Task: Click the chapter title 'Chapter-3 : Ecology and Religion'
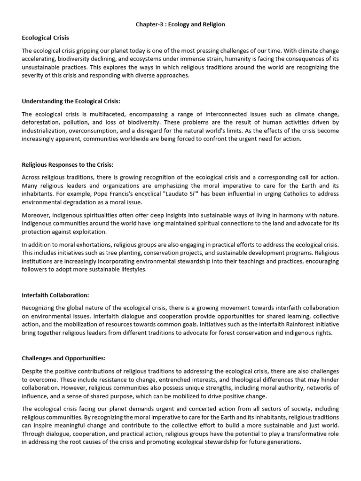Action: pos(180,24)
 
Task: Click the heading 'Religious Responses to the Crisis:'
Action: pos(68,164)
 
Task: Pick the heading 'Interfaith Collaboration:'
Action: pos(55,295)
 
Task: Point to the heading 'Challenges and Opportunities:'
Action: pos(63,358)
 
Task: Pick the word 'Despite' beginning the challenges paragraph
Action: pos(32,371)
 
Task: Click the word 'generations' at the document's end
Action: pos(283,442)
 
